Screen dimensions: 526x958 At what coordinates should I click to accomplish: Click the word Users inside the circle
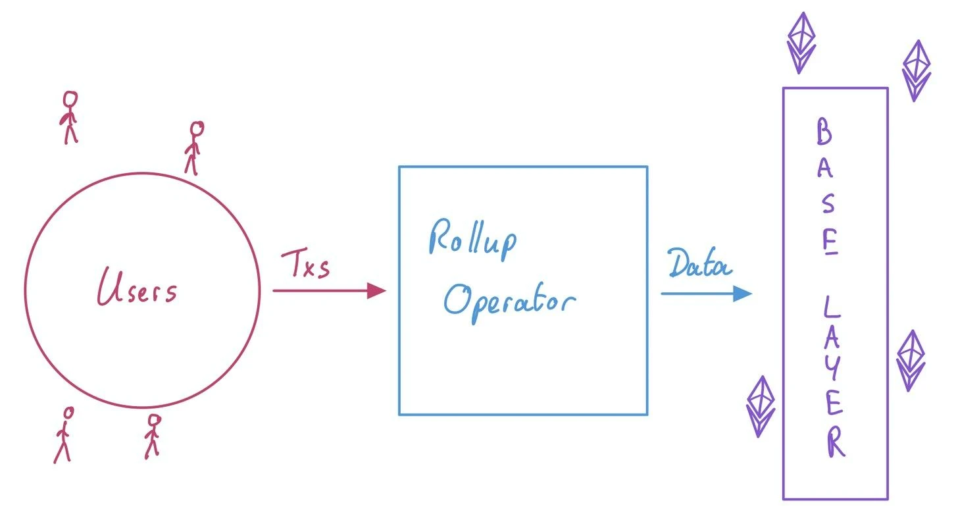(138, 288)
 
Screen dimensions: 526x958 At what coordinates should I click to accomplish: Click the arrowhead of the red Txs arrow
(376, 290)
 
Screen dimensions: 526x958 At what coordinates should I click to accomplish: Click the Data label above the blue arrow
(699, 265)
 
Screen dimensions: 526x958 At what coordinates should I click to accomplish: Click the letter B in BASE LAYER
(824, 132)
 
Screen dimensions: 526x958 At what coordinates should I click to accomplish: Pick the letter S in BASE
(828, 204)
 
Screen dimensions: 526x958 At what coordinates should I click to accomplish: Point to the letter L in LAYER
(830, 306)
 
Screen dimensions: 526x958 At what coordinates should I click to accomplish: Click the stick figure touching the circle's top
(193, 147)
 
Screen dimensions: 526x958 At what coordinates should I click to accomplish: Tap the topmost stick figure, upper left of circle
(69, 117)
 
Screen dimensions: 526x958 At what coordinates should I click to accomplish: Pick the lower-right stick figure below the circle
(153, 435)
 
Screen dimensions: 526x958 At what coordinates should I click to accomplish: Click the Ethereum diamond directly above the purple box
(801, 42)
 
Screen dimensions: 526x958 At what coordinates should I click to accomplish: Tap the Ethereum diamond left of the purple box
(761, 406)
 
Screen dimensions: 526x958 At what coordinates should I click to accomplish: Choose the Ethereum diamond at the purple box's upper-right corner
(915, 70)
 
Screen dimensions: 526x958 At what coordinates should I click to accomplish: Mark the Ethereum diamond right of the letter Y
(911, 360)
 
